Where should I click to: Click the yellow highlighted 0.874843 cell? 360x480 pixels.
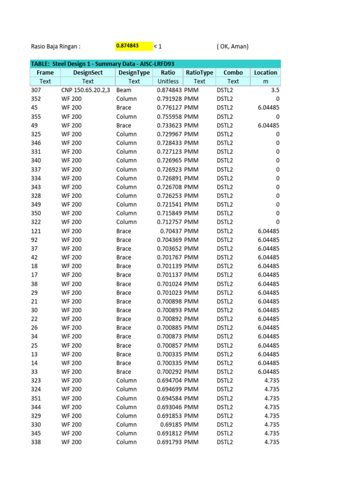tap(134, 46)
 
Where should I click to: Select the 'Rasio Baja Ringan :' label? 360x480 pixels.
tap(56, 46)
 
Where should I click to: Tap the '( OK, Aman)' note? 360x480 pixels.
tap(232, 46)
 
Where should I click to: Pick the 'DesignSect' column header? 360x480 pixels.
tap(88, 73)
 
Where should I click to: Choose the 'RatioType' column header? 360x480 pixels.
tap(199, 73)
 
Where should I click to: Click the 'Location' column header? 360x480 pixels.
tap(265, 73)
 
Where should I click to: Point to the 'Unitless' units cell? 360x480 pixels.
tap(168, 81)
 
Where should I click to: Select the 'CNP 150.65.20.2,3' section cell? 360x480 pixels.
tap(86, 90)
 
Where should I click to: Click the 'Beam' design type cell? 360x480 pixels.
tap(124, 90)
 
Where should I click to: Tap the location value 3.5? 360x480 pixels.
tap(275, 90)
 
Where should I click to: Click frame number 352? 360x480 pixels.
tap(36, 99)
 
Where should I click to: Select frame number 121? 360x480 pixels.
tap(36, 231)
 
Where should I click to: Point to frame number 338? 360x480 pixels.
tap(36, 442)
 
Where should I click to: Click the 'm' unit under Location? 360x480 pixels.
tap(265, 81)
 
